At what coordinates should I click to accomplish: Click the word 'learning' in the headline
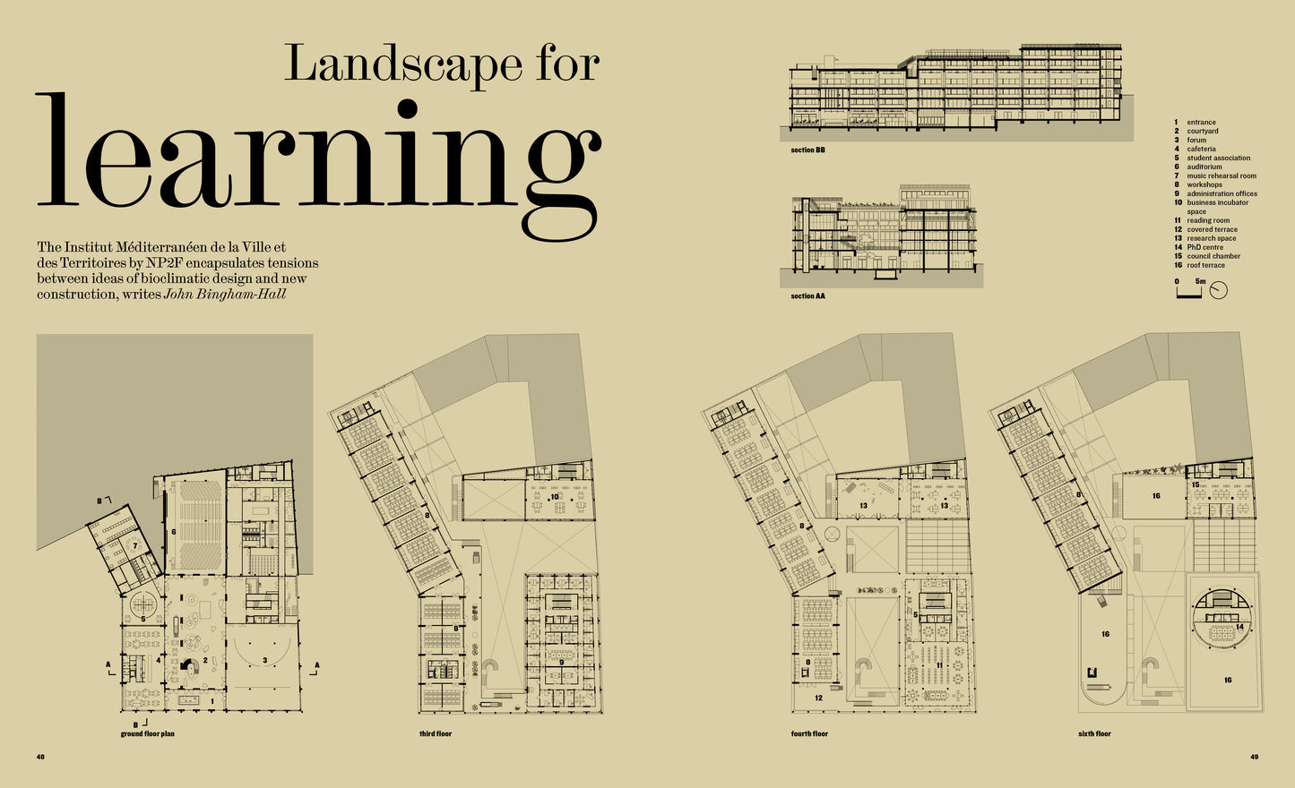coord(319,167)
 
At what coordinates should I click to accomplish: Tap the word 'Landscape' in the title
coord(403,64)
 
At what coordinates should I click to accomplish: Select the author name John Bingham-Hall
coord(225,294)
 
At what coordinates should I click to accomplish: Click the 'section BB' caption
coord(807,150)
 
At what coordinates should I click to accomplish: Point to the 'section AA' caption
coord(807,296)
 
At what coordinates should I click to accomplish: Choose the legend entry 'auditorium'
coord(1204,167)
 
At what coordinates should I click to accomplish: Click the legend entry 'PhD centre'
coord(1204,247)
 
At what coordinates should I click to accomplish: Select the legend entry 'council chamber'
coord(1213,256)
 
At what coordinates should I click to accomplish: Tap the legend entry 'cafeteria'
coord(1201,149)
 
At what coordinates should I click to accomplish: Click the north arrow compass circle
coord(1218,291)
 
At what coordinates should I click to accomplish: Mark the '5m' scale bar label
coord(1201,281)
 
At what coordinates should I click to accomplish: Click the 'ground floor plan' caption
coord(147,733)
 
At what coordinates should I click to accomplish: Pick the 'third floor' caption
coord(436,733)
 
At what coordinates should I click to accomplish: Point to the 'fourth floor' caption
coord(809,733)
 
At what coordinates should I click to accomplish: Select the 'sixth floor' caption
coord(1094,733)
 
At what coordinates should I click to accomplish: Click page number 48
coord(40,757)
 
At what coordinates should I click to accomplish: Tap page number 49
coord(1254,757)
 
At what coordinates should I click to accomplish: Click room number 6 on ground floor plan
coord(174,532)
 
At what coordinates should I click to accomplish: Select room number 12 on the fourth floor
coord(818,698)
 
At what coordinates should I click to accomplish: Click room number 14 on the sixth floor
coord(1239,627)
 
